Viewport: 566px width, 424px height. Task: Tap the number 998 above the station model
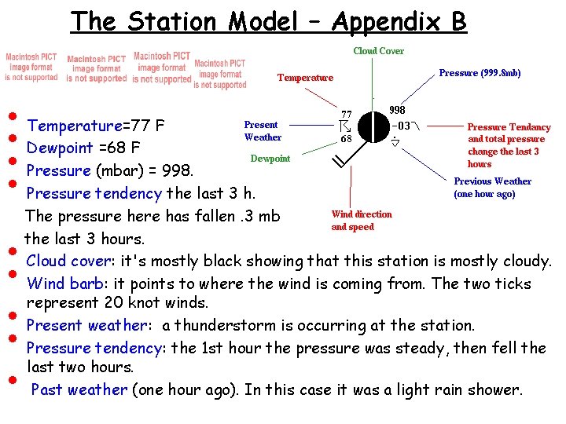pos(398,111)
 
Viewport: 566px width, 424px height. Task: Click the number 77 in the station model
pos(346,114)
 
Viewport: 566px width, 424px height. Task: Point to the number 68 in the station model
pos(346,138)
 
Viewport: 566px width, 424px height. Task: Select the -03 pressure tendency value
pos(400,126)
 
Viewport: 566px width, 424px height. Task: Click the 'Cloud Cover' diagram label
pos(378,51)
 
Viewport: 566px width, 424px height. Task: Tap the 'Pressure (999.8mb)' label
pos(480,73)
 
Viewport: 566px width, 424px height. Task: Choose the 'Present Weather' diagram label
pos(263,130)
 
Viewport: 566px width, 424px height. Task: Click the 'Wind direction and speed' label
pos(361,220)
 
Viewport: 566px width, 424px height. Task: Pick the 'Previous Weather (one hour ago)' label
pos(492,187)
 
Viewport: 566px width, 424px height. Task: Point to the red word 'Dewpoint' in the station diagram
pos(270,159)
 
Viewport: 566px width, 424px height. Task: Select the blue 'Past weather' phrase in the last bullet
pos(79,389)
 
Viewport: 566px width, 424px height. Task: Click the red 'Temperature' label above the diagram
pos(305,78)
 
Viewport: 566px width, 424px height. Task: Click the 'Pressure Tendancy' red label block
pos(509,145)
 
